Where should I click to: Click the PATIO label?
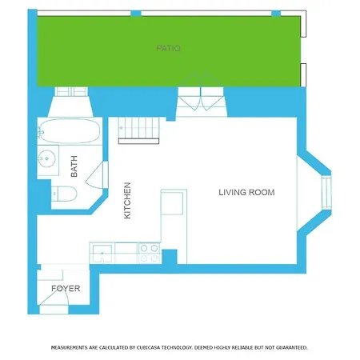click(x=168, y=48)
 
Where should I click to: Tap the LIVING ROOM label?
click(x=246, y=192)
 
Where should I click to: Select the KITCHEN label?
click(x=127, y=201)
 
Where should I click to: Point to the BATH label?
click(x=74, y=166)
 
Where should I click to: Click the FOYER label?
click(x=66, y=288)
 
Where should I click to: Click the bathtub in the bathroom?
click(x=70, y=131)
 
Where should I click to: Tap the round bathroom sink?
click(x=47, y=158)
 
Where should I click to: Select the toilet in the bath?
click(x=64, y=194)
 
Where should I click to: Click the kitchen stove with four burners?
click(x=149, y=253)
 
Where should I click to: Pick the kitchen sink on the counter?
click(x=102, y=254)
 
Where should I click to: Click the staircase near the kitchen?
click(x=138, y=130)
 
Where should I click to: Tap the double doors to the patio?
click(x=201, y=95)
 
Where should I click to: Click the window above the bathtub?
click(x=71, y=91)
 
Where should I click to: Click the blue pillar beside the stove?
click(x=170, y=257)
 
